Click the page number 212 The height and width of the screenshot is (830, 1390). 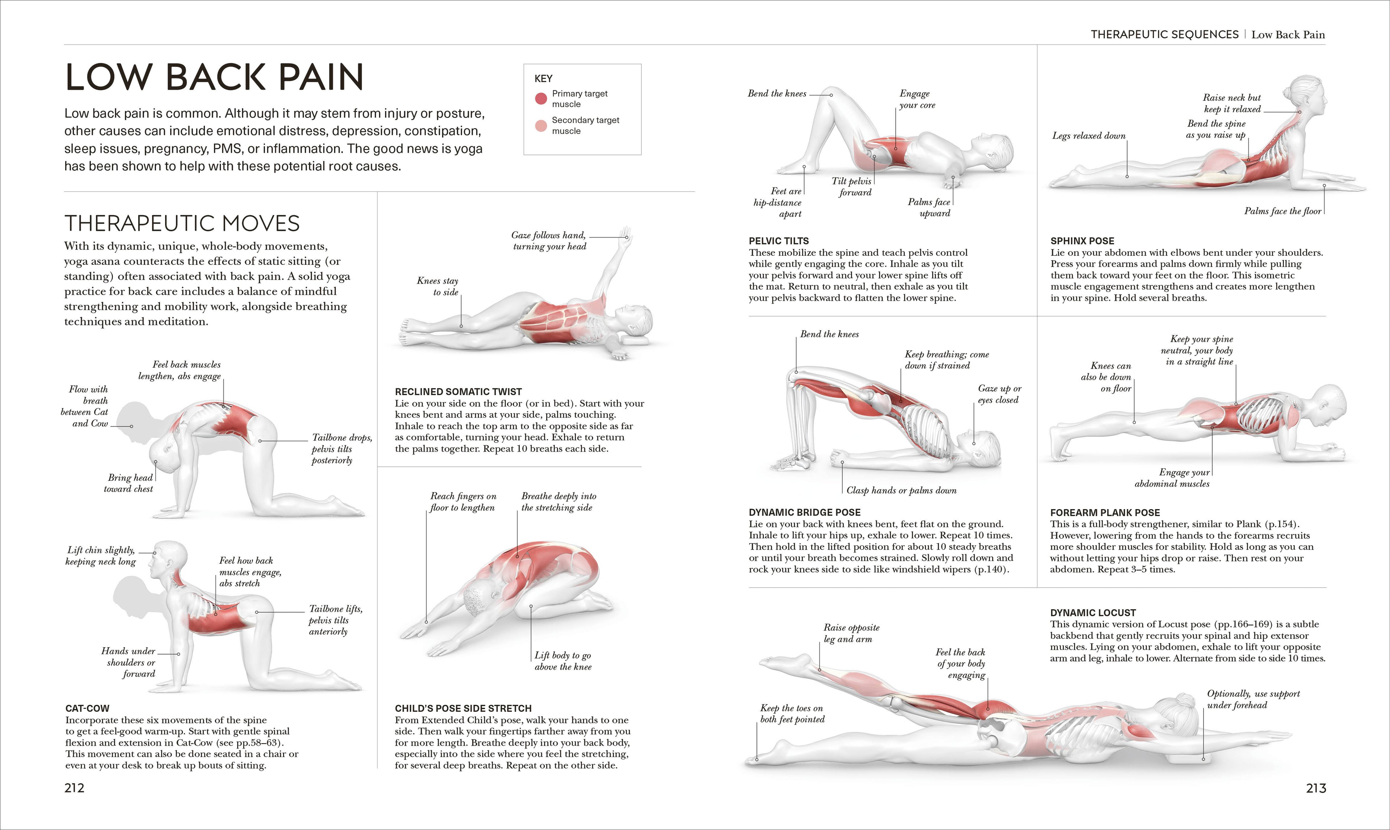coord(75,788)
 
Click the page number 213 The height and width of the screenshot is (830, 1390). coord(1315,788)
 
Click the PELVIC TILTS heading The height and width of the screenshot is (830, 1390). coord(778,241)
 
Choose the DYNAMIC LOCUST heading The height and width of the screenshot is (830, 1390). coord(1093,613)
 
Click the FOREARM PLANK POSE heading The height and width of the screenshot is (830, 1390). coord(1105,512)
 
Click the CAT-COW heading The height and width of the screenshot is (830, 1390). coord(87,708)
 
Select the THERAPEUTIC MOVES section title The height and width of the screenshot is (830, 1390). coord(182,224)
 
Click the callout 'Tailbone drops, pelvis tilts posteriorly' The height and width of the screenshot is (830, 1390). coord(341,449)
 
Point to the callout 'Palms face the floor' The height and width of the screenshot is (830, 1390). coord(1282,211)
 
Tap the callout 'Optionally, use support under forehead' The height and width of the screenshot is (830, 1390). coord(1253,699)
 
